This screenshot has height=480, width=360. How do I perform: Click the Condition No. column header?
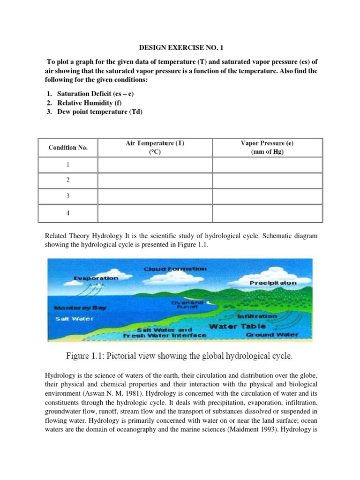pyautogui.click(x=68, y=148)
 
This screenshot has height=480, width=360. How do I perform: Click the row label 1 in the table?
pyautogui.click(x=68, y=165)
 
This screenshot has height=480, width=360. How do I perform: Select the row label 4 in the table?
pyautogui.click(x=68, y=213)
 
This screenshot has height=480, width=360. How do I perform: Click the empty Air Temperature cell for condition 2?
pyautogui.click(x=155, y=180)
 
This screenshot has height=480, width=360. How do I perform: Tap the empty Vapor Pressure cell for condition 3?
pyautogui.click(x=267, y=196)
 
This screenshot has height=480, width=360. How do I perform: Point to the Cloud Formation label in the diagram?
pyautogui.click(x=174, y=269)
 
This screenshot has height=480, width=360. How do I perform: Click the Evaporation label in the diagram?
pyautogui.click(x=96, y=278)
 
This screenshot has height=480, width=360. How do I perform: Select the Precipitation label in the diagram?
pyautogui.click(x=273, y=283)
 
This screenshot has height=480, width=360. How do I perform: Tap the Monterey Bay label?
pyautogui.click(x=80, y=308)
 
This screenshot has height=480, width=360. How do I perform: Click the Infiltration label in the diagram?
pyautogui.click(x=257, y=316)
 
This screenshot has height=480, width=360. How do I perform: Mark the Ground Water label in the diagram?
pyautogui.click(x=272, y=335)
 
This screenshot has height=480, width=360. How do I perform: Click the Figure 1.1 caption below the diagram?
pyautogui.click(x=180, y=356)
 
